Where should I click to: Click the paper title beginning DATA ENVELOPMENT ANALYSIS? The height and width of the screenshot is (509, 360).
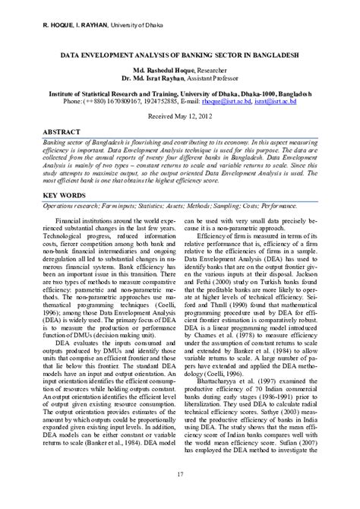(179, 55)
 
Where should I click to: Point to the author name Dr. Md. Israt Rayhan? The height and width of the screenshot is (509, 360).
(148, 77)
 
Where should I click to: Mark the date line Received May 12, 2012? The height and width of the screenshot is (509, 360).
(180, 118)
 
